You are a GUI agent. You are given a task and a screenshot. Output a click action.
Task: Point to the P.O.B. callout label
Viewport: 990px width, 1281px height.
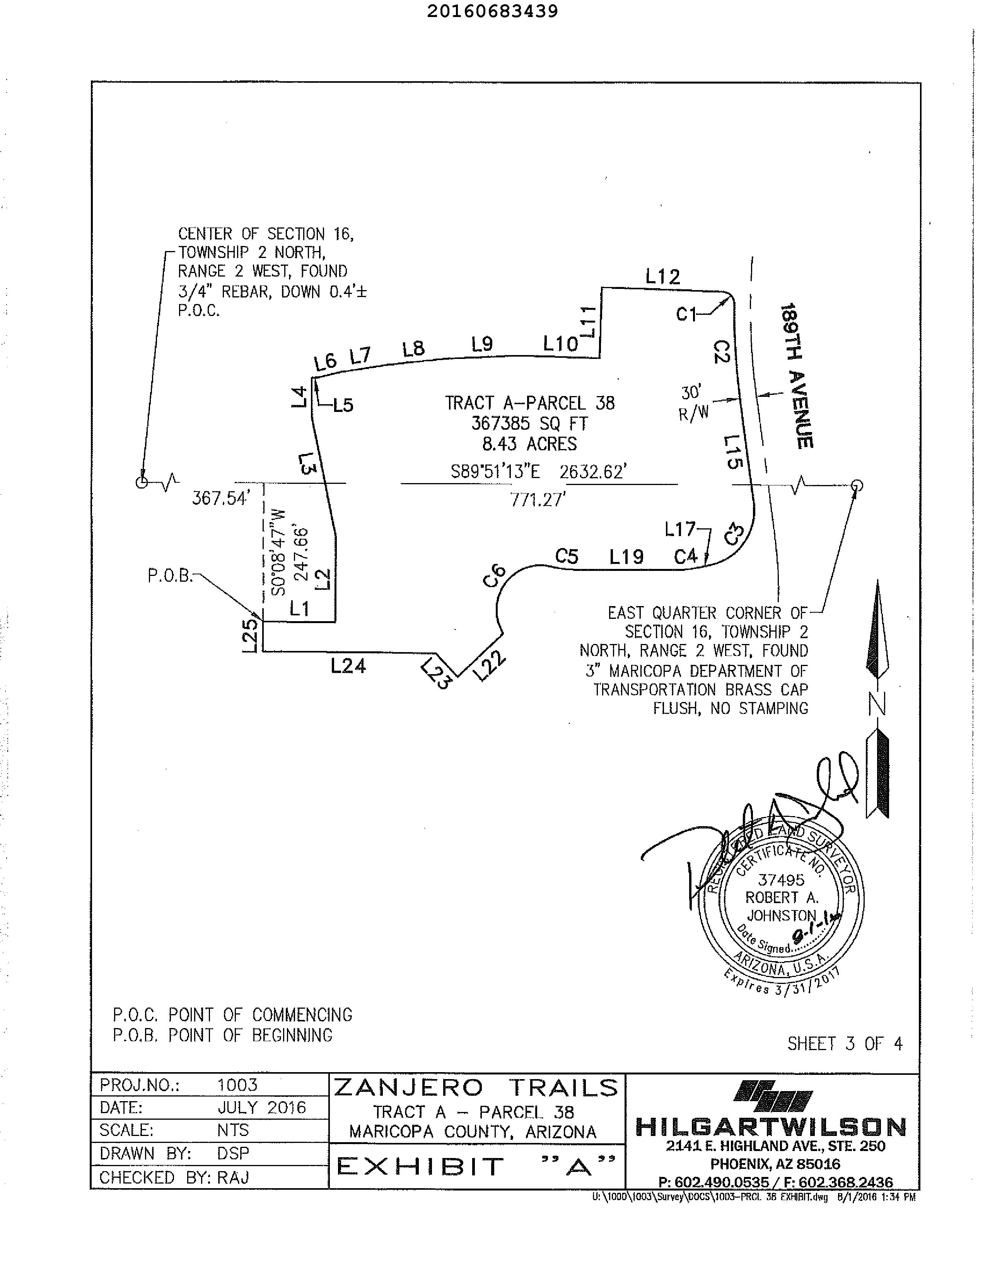(170, 576)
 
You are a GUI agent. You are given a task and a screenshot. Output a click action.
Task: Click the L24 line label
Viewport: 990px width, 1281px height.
(348, 666)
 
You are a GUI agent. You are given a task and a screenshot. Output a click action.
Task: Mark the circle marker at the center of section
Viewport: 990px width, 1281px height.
(141, 483)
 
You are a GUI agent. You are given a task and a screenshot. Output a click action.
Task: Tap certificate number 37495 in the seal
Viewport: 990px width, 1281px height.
(781, 880)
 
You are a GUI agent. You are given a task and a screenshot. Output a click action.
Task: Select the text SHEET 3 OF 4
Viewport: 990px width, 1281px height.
(845, 1044)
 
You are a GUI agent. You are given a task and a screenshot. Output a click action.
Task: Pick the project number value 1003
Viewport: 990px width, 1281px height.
(237, 1085)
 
